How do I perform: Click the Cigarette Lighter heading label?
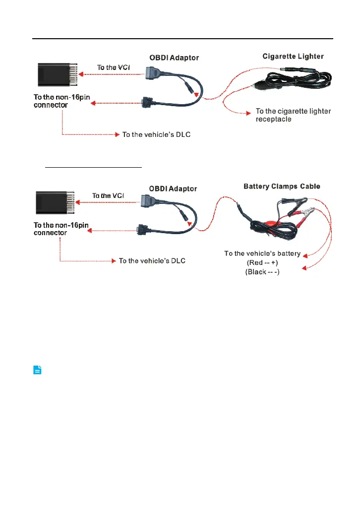tap(293, 57)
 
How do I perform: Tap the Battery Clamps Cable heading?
tap(282, 187)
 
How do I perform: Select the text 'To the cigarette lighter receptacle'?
tap(293, 115)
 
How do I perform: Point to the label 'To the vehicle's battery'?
tap(262, 254)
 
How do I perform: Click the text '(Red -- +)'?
tap(262, 263)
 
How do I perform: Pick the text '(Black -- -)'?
tap(262, 273)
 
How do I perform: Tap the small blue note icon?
tap(38, 370)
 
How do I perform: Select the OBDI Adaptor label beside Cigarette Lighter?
tap(174, 58)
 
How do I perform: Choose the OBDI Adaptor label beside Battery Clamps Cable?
tap(173, 189)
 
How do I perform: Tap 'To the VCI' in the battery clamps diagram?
tap(108, 195)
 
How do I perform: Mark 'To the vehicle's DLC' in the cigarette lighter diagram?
tap(156, 134)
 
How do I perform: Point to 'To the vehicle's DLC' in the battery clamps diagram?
tap(152, 261)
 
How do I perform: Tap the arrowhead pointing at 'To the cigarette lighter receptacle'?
tap(248, 114)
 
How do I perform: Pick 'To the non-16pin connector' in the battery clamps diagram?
tap(61, 229)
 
